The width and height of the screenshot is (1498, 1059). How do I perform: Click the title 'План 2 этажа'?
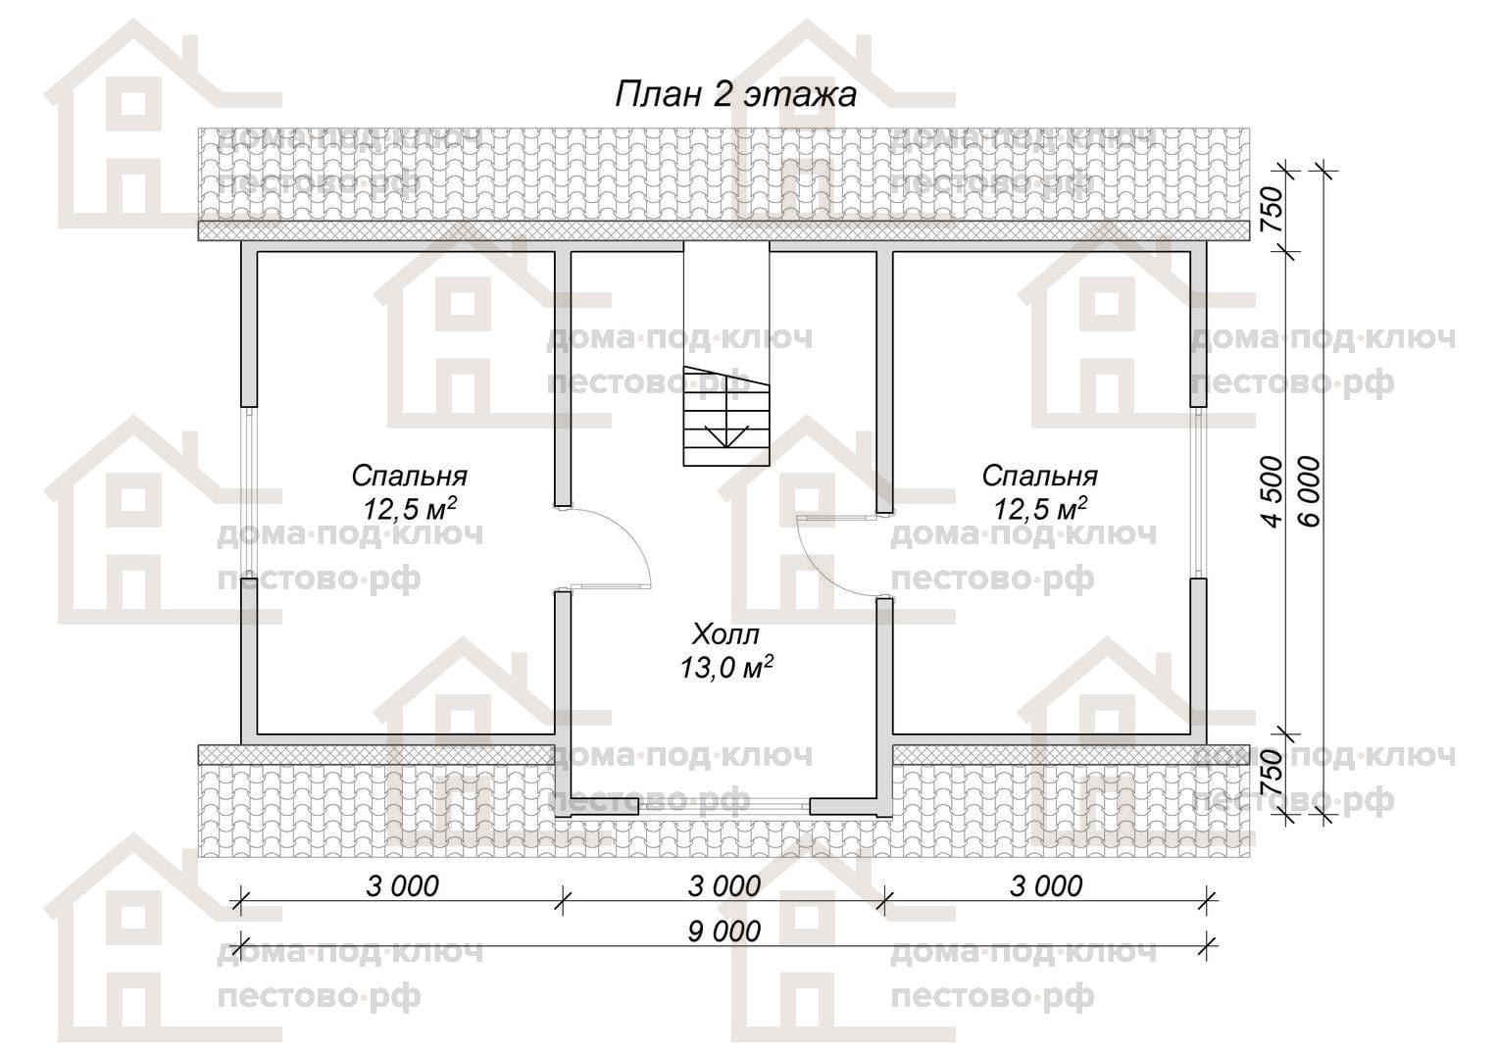coord(735,94)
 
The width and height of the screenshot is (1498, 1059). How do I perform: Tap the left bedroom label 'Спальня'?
coord(409,477)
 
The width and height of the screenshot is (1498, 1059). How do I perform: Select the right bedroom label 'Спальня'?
coord(1040,477)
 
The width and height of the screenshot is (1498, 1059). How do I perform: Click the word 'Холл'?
coord(726,634)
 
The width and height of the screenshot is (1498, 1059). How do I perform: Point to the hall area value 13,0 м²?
coord(726,667)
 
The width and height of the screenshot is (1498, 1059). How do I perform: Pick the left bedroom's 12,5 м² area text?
coord(410,509)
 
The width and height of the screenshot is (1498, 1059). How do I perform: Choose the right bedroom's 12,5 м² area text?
coord(1040,509)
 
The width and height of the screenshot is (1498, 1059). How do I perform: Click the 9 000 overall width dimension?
coord(724,932)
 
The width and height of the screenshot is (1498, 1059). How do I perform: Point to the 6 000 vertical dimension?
coord(1312,492)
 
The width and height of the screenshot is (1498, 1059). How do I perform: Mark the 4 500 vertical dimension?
coord(1273,492)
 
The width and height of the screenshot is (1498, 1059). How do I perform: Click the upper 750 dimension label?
coord(1273,210)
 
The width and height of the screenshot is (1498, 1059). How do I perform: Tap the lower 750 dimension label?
coord(1273,773)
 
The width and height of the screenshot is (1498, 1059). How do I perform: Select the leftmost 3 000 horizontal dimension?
coord(403,885)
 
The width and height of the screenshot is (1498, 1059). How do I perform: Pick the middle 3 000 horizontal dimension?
coord(724,885)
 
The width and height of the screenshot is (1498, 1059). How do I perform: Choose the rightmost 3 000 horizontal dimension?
coord(1046,885)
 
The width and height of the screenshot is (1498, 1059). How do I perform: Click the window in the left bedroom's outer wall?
coord(249,491)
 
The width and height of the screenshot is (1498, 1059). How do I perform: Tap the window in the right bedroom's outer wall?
coord(1199,491)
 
